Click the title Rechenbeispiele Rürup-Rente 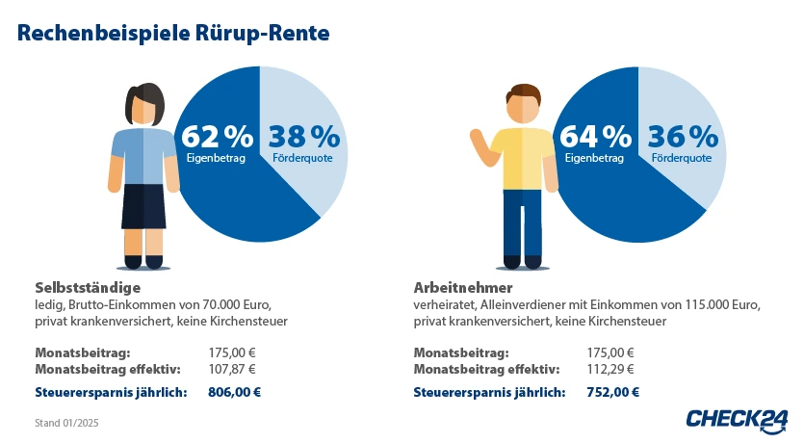[173, 33]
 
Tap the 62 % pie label [217, 137]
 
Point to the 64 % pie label [595, 137]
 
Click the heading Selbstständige [89, 287]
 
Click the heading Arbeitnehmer [462, 287]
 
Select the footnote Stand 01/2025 [66, 423]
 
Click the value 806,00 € [234, 392]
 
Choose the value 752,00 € [612, 392]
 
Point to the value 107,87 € [232, 369]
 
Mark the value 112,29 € [610, 369]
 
